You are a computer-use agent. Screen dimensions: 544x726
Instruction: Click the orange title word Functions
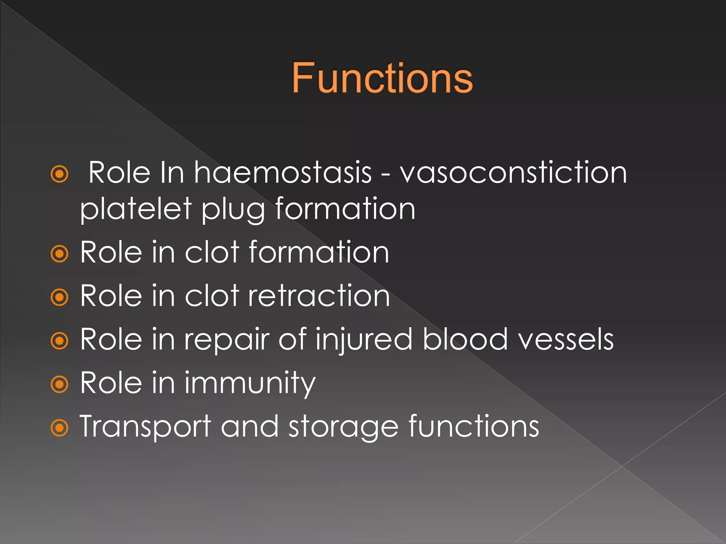382,78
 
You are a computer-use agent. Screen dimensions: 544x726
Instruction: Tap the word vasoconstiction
513,172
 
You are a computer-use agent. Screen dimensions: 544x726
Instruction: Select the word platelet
136,209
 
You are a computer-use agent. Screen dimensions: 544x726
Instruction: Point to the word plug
233,210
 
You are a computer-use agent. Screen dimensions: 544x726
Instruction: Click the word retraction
319,295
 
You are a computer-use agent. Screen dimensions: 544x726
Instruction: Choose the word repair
227,340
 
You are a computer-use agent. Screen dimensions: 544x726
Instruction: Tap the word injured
364,340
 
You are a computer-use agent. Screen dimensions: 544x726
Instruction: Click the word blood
465,339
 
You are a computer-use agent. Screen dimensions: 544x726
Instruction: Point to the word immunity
250,383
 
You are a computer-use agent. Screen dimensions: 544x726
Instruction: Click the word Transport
145,427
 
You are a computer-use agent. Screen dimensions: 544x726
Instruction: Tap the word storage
344,427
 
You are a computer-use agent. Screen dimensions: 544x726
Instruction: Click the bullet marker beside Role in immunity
59,384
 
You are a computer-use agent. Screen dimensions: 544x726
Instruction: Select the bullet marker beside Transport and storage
59,428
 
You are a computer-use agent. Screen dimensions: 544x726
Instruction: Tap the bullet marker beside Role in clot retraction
59,297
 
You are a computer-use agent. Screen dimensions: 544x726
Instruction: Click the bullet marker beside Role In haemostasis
59,174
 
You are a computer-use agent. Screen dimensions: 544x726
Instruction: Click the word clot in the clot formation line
212,252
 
